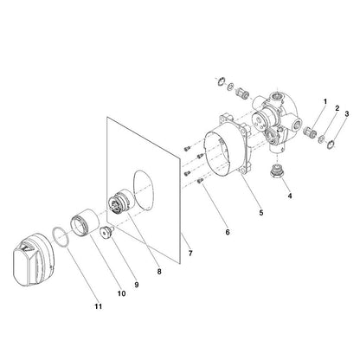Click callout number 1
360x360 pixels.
[x=325, y=102]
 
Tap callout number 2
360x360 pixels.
[x=337, y=108]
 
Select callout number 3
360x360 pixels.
[x=347, y=113]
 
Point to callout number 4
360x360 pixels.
[x=290, y=196]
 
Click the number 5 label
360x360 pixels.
[x=261, y=213]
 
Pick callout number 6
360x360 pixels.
[x=228, y=232]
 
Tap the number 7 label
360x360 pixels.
[x=190, y=254]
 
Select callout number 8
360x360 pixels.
[x=159, y=272]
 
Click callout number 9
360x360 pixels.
[x=137, y=285]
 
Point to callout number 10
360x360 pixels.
[x=121, y=293]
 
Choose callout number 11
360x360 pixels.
[x=99, y=306]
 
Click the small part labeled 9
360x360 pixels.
[x=106, y=233]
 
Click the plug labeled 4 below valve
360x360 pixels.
[x=277, y=172]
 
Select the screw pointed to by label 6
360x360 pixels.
[x=200, y=181]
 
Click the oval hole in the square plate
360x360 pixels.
[x=144, y=190]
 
